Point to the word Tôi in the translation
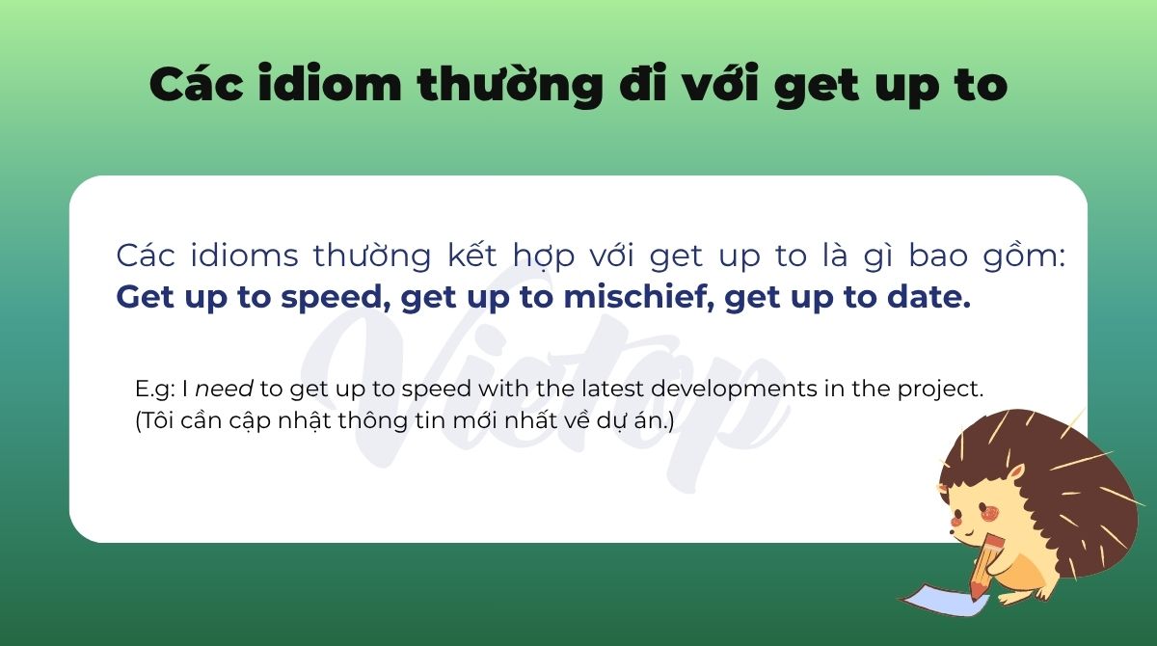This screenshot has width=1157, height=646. tap(157, 422)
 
